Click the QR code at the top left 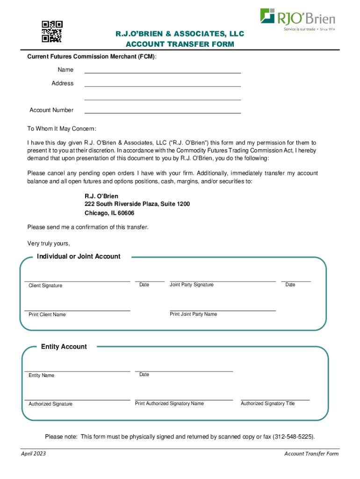(52, 32)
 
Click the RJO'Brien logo (297, 18)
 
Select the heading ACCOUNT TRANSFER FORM (180, 44)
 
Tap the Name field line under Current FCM (162, 73)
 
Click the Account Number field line (162, 113)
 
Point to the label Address (63, 83)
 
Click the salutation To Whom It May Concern (61, 129)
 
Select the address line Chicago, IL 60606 (109, 213)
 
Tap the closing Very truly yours (49, 244)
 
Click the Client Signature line (77, 281)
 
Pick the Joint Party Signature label (192, 285)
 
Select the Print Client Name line (77, 310)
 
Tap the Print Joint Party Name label (193, 314)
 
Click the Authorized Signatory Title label (268, 404)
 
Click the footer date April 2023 (33, 454)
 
